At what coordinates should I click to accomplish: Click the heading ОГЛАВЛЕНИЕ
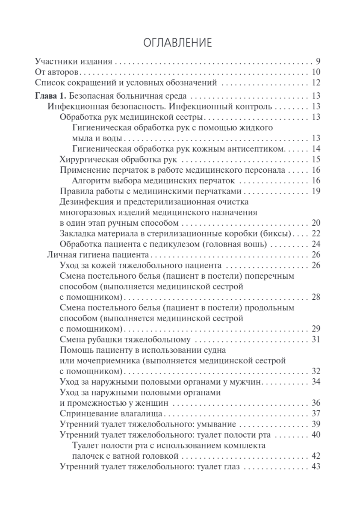tap(180, 43)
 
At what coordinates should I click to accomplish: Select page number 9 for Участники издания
tap(318, 60)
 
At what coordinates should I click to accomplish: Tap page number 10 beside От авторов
tap(316, 72)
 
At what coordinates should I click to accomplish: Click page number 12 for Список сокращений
tap(316, 83)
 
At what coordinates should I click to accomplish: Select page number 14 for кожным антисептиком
tap(316, 149)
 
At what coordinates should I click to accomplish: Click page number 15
tap(316, 160)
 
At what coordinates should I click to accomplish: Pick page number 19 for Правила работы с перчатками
tap(316, 191)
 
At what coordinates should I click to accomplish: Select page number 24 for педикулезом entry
tap(316, 245)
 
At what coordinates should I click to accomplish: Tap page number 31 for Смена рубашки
tap(316, 340)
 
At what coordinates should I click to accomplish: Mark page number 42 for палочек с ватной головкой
tap(316, 456)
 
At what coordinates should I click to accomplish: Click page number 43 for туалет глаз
tap(316, 466)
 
